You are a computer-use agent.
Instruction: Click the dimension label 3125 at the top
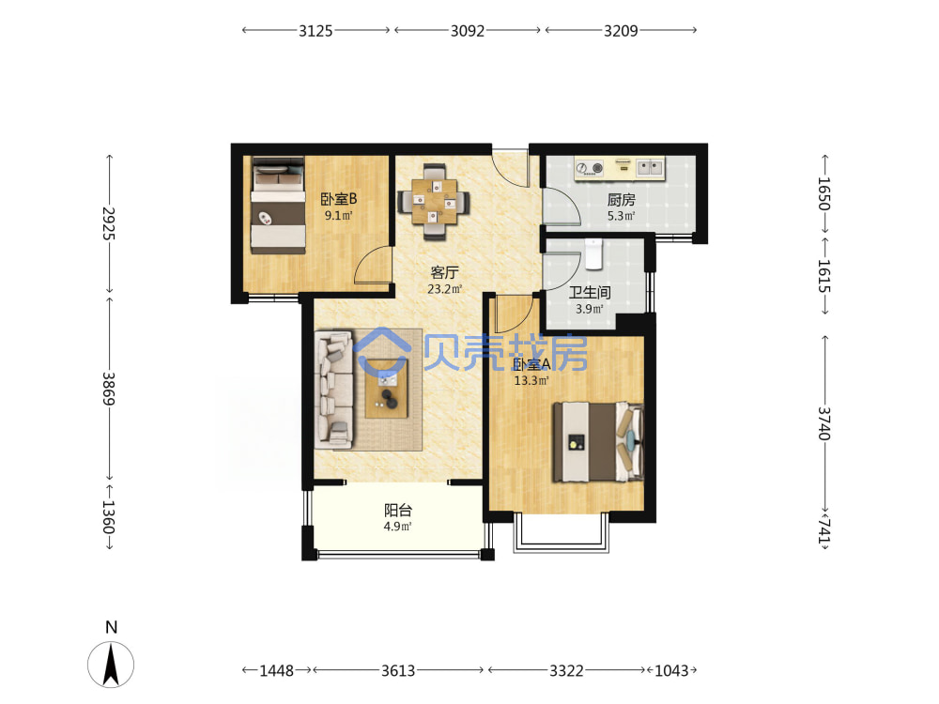point(316,31)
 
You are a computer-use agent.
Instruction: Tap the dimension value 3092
point(467,31)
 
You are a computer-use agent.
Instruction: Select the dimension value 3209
point(621,31)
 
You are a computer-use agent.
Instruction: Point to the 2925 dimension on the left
point(108,223)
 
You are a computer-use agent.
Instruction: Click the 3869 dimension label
point(108,389)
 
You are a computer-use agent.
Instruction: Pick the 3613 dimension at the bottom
point(398,670)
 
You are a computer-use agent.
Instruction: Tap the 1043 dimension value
point(671,670)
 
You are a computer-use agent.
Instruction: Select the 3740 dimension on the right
point(824,423)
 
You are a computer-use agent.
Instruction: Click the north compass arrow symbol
point(111,664)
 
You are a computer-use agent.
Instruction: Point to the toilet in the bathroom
point(593,253)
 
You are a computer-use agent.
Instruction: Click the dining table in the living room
point(434,202)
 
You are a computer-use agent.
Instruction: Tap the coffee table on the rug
point(387,388)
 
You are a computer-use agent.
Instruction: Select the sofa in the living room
point(334,390)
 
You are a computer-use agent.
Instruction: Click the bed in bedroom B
point(278,206)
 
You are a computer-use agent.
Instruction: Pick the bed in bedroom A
point(598,442)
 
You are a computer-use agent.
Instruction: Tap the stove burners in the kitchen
point(590,168)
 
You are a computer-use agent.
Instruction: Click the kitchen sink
point(650,167)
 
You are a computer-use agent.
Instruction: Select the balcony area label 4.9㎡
point(397,527)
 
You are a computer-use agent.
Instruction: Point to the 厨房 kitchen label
point(621,199)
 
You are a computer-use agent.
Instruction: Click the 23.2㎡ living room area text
point(444,289)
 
